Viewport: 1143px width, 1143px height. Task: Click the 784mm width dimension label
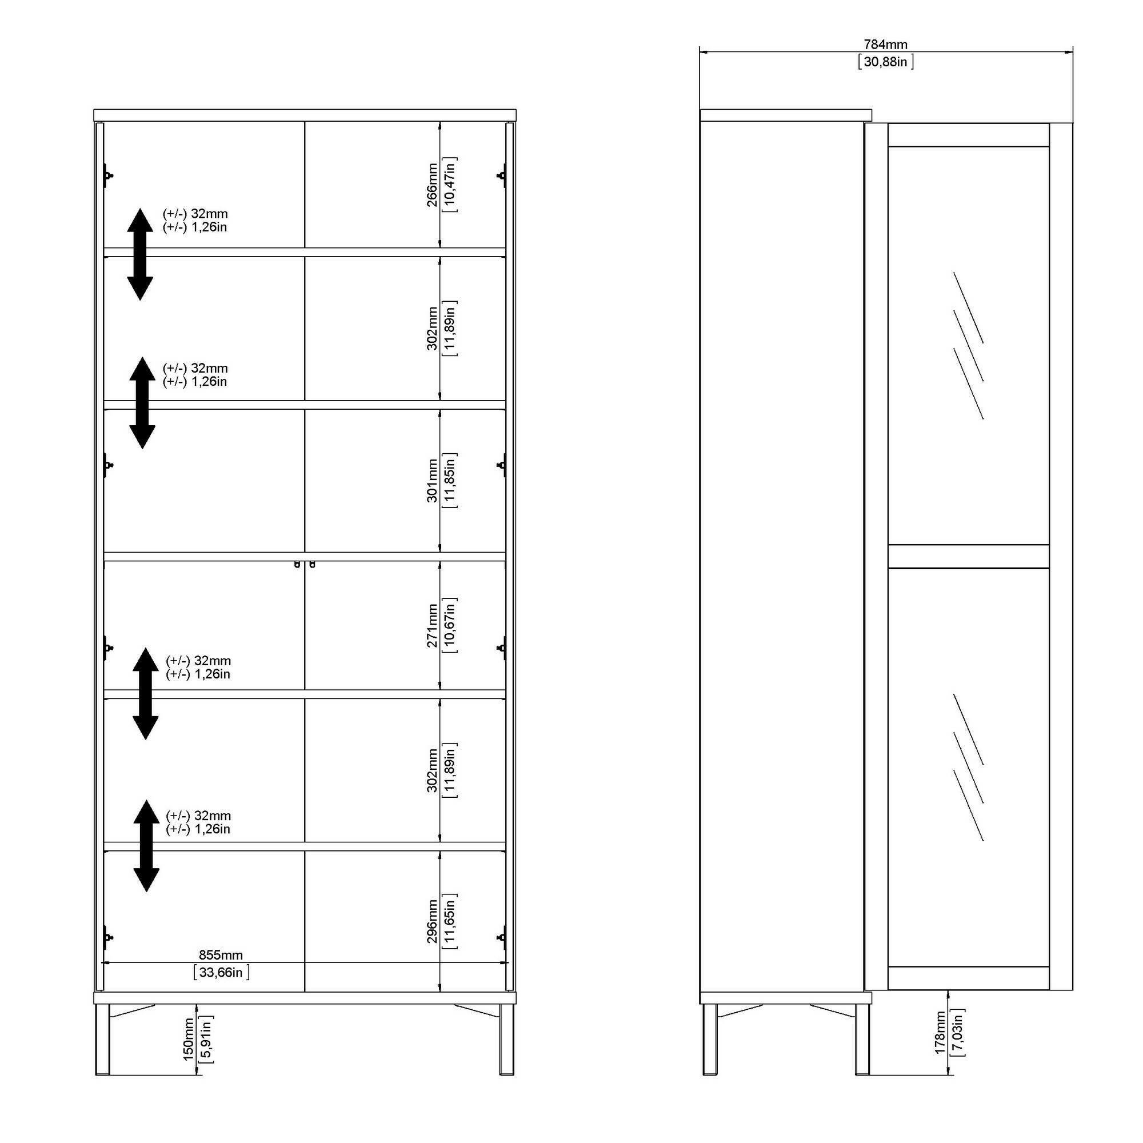(x=886, y=45)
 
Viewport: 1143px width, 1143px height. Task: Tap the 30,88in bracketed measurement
(x=886, y=62)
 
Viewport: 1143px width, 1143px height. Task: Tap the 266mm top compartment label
(x=433, y=185)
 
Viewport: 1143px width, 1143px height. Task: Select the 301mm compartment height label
(x=433, y=481)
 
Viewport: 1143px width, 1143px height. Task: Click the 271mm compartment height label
(x=433, y=625)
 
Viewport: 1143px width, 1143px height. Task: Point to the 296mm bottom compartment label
(x=433, y=921)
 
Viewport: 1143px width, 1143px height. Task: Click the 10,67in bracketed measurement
(x=450, y=625)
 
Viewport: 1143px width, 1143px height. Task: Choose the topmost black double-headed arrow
(x=140, y=254)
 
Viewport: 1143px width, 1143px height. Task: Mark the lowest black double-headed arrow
(x=146, y=846)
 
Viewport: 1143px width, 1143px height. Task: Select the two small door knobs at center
(x=305, y=565)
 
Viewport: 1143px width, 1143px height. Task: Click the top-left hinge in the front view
(x=107, y=175)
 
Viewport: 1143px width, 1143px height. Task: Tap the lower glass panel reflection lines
(x=969, y=768)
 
